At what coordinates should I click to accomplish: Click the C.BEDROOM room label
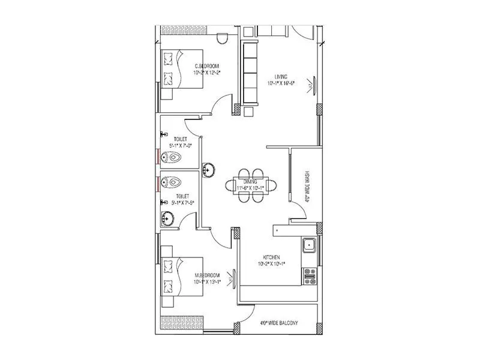[x=206, y=65]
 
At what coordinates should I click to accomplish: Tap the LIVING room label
[x=281, y=76]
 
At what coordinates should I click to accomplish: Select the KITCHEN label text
[x=271, y=256]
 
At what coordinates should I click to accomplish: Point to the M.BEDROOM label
[x=206, y=275]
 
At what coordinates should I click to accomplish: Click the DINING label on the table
[x=250, y=181]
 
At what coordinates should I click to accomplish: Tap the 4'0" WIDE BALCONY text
[x=279, y=324]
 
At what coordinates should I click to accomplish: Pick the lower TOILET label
[x=182, y=196]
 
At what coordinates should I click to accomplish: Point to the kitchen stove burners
[x=310, y=276]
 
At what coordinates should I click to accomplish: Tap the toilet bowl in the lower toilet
[x=172, y=180]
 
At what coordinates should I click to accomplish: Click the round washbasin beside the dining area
[x=208, y=170]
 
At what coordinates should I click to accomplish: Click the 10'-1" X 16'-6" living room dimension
[x=281, y=83]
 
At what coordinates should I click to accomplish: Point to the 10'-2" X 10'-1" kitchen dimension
[x=271, y=263]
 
